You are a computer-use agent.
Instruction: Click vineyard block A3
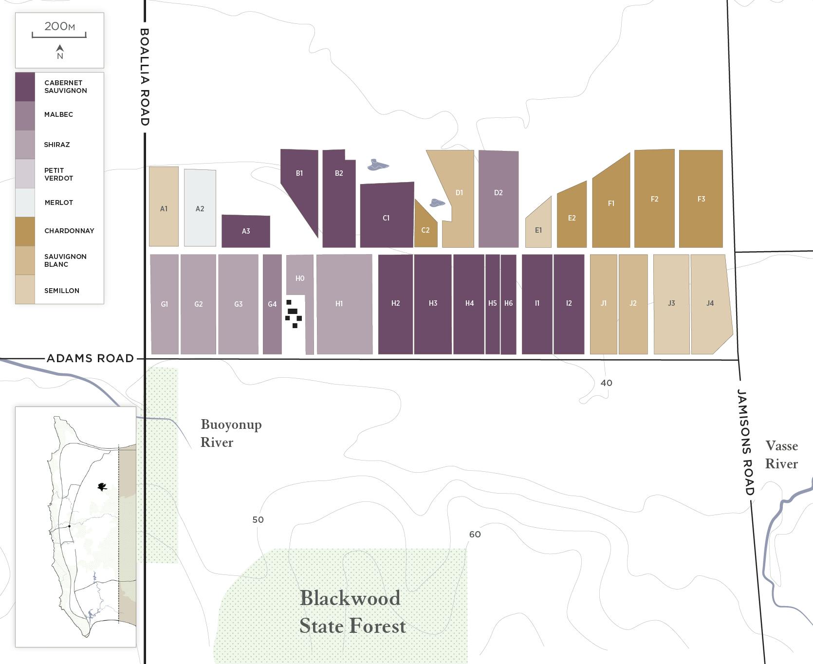[x=246, y=231]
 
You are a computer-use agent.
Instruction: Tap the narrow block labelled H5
[x=493, y=303]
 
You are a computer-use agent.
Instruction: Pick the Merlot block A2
[x=200, y=208]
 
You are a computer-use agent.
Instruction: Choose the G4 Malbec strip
[x=272, y=304]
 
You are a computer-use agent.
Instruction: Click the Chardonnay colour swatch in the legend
[x=25, y=231]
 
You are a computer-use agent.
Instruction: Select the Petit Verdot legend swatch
[x=25, y=174]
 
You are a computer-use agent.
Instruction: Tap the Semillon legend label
[x=62, y=291]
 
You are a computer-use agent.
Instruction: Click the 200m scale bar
[x=59, y=35]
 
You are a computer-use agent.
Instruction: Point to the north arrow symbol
[x=60, y=48]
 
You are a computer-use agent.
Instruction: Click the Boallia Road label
[x=145, y=77]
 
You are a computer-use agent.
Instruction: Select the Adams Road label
[x=90, y=358]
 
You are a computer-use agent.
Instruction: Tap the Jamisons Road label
[x=745, y=442]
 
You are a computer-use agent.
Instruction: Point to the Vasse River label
[x=781, y=455]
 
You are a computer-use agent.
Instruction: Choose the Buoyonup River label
[x=231, y=433]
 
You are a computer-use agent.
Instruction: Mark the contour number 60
[x=475, y=534]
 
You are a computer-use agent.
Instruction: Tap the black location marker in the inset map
[x=102, y=486]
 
